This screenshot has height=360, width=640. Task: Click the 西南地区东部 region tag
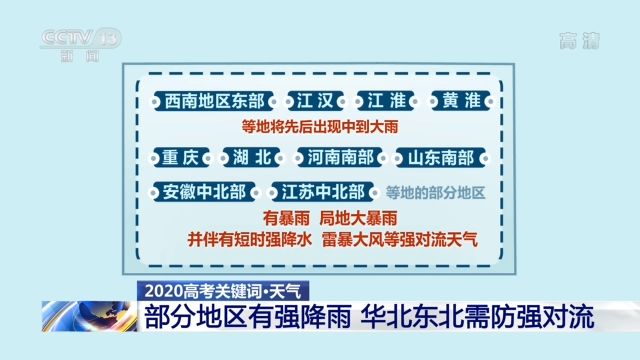coord(210,102)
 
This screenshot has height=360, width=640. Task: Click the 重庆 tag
coord(181,158)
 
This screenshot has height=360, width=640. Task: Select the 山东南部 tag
coord(440,158)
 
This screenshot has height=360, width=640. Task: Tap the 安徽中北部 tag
coord(204,191)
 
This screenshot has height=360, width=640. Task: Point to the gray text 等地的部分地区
coord(435,192)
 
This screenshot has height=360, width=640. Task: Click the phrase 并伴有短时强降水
coord(250,240)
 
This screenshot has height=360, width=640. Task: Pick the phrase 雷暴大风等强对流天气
coord(400,240)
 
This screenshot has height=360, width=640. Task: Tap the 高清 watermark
coord(579,41)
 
